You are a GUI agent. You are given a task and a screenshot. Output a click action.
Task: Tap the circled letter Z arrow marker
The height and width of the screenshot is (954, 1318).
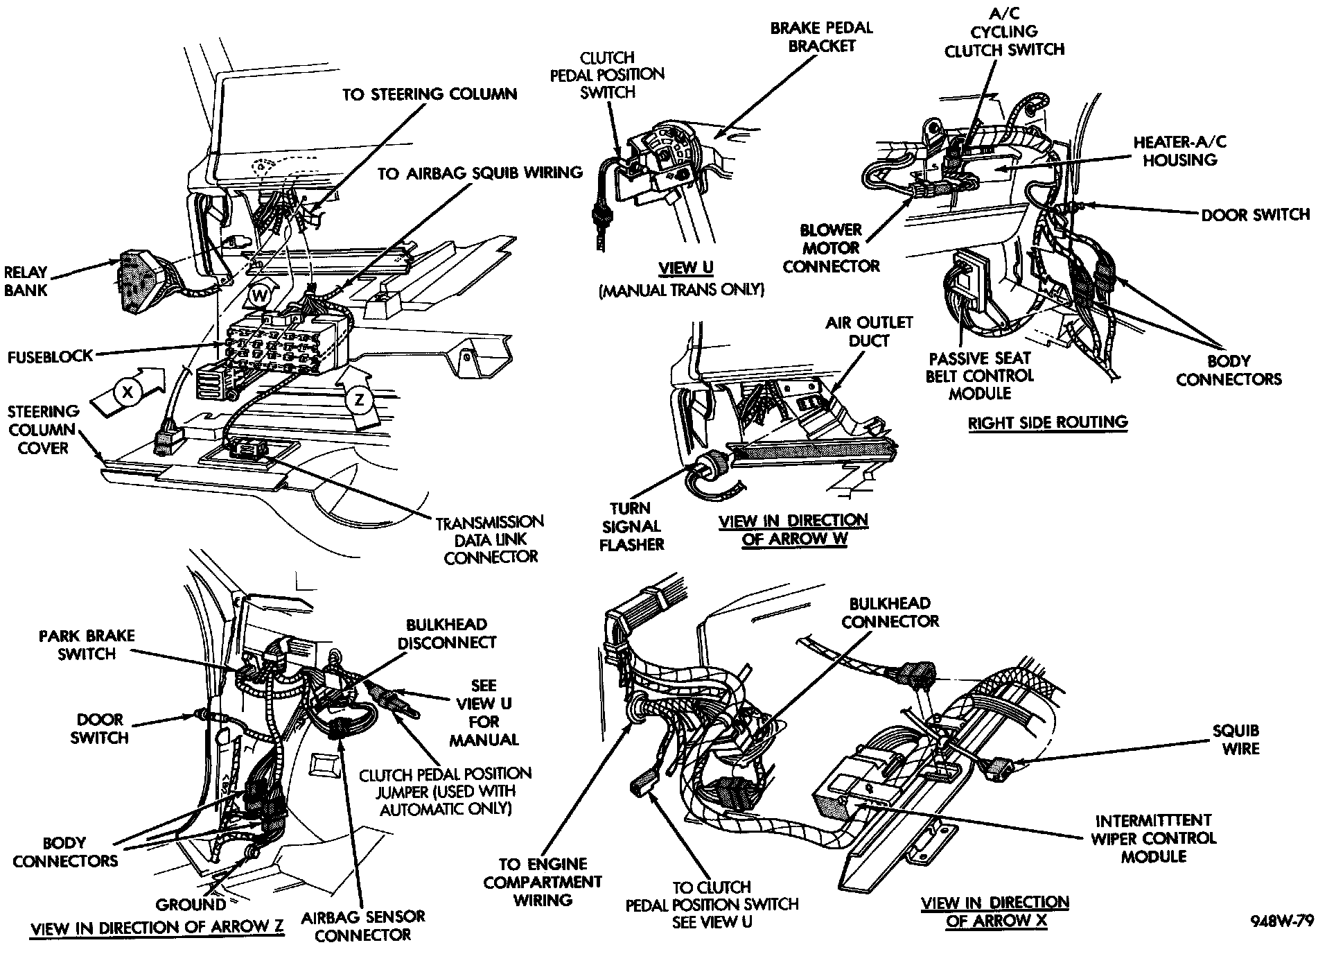coord(359,400)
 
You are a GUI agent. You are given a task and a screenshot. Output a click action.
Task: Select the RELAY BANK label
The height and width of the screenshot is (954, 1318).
coord(26,281)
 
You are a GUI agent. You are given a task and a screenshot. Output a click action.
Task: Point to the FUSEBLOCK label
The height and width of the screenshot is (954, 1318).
coord(50,356)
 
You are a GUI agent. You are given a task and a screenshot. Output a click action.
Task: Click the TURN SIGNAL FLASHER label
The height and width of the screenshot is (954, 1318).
coord(631,526)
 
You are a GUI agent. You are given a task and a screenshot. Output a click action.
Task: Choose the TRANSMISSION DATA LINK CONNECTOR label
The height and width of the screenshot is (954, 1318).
coord(490,539)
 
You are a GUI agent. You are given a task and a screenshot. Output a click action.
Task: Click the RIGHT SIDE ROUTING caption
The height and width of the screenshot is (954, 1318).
coord(1047,422)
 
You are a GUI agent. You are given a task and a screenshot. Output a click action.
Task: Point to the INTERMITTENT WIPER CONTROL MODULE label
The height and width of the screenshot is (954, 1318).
coord(1154,838)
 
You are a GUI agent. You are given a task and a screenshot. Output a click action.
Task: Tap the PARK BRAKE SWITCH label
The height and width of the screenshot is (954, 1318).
coord(87,645)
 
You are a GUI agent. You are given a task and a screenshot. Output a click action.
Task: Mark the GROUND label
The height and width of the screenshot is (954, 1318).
coord(191,904)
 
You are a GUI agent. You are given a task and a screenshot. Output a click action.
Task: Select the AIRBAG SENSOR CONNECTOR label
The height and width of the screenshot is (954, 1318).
coord(363,926)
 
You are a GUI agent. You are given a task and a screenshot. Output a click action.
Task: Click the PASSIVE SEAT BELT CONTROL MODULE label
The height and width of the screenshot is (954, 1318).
coord(980,376)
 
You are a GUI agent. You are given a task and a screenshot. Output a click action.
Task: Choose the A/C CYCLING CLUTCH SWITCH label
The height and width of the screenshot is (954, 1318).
coord(1005,31)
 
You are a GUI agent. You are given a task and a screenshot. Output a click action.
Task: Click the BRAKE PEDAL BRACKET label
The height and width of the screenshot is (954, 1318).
coord(822,37)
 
